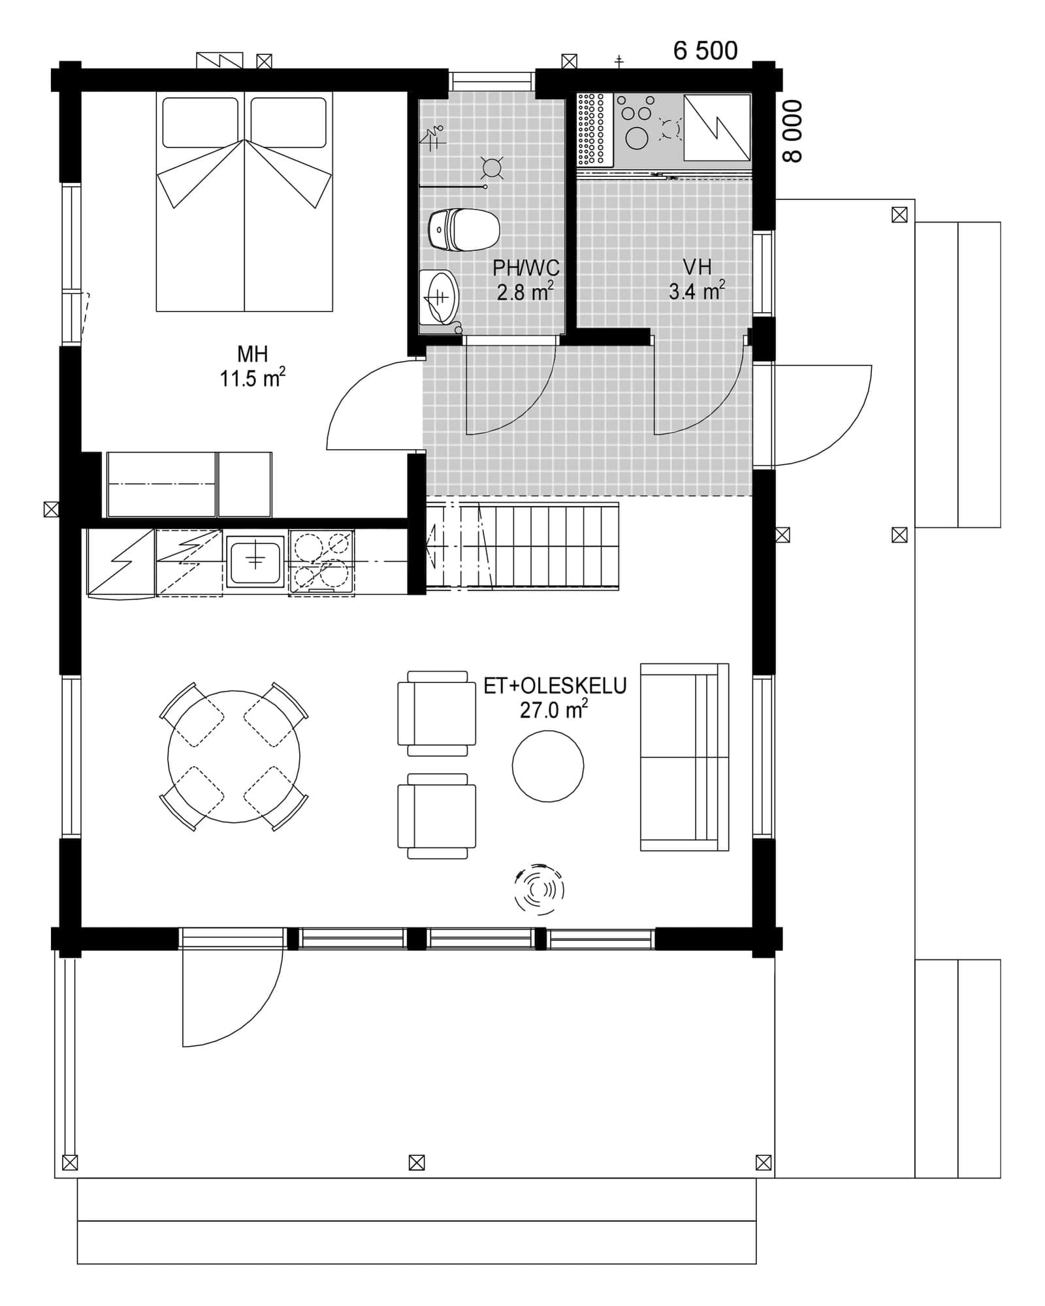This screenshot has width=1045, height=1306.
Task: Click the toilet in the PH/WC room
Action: click(x=464, y=230)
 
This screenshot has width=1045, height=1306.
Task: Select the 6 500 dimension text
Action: click(x=705, y=51)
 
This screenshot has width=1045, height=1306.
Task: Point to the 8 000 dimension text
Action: click(x=792, y=131)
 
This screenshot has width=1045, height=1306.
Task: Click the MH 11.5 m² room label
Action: click(x=252, y=366)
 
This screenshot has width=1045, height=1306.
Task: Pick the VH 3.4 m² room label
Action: click(x=696, y=279)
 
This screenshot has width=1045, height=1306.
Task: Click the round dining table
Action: click(x=234, y=757)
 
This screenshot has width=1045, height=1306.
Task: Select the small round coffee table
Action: click(x=547, y=766)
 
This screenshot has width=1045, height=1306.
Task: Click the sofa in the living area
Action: click(x=684, y=757)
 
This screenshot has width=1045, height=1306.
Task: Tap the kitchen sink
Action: click(x=255, y=561)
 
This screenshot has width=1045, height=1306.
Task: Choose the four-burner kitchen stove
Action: click(x=321, y=562)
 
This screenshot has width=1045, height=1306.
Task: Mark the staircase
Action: click(x=522, y=547)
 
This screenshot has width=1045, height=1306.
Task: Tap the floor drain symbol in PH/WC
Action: click(x=491, y=168)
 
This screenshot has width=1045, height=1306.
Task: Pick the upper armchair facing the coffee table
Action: click(x=436, y=713)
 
